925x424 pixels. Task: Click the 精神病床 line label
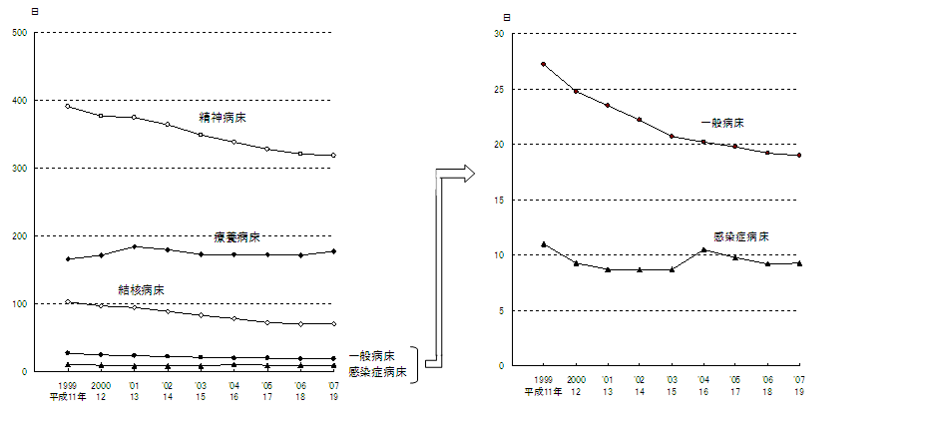pyautogui.click(x=223, y=117)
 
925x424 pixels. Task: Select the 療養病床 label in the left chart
pyautogui.click(x=237, y=237)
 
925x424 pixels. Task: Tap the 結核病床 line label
pyautogui.click(x=142, y=289)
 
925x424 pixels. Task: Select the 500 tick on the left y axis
pyautogui.click(x=19, y=33)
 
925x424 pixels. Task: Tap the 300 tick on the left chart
pyautogui.click(x=19, y=168)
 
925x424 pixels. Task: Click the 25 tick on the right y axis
pyautogui.click(x=499, y=90)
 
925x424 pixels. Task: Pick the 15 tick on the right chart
pyautogui.click(x=499, y=201)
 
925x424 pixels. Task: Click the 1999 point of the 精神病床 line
pyautogui.click(x=67, y=106)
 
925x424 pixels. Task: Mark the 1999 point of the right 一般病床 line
pyautogui.click(x=543, y=64)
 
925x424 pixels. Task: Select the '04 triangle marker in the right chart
pyautogui.click(x=703, y=249)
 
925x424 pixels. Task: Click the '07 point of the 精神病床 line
pyautogui.click(x=333, y=156)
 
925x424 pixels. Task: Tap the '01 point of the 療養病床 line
pyautogui.click(x=134, y=246)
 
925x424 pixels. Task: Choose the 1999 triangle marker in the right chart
pyautogui.click(x=543, y=244)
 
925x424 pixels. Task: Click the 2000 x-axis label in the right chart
pyautogui.click(x=575, y=380)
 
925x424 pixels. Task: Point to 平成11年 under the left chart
pyautogui.click(x=67, y=396)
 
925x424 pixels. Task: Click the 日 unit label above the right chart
pyautogui.click(x=507, y=18)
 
